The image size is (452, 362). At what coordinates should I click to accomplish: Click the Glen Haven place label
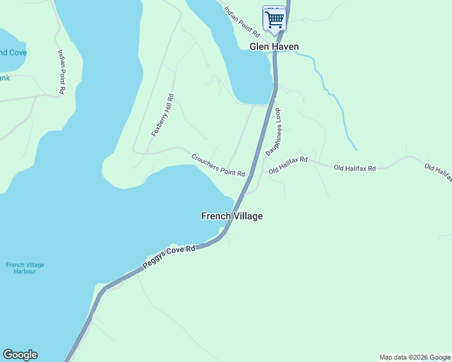(x=274, y=47)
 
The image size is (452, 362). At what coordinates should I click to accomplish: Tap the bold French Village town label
(x=231, y=216)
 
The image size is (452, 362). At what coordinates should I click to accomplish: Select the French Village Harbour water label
(x=25, y=268)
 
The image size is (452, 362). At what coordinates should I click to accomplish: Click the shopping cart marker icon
(x=274, y=19)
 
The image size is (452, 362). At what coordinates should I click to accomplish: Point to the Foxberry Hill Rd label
(x=163, y=115)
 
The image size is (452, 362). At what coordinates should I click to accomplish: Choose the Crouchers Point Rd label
(x=218, y=165)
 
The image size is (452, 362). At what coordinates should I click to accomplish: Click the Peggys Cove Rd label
(x=170, y=257)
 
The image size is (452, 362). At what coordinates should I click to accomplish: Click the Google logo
(x=20, y=355)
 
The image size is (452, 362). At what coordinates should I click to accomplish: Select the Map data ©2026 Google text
(x=415, y=357)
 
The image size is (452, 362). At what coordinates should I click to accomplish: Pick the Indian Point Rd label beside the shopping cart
(x=242, y=21)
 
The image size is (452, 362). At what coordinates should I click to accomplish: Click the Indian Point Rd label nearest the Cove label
(x=61, y=71)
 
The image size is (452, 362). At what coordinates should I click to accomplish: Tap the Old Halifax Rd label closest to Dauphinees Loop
(x=288, y=165)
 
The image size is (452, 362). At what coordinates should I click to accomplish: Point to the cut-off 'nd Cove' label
(x=13, y=52)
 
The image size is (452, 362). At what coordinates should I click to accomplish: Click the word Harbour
(x=25, y=271)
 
